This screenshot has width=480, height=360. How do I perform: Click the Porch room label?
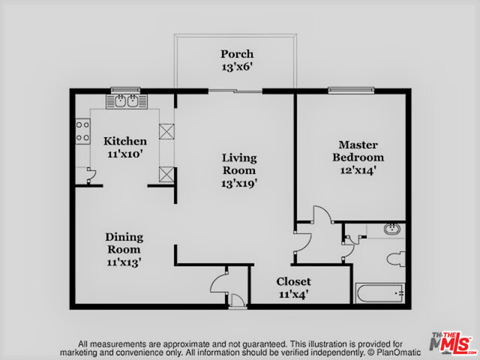coord(237,54)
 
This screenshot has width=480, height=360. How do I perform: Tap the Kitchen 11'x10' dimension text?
coord(125,154)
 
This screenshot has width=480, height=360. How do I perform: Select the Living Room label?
coord(239,164)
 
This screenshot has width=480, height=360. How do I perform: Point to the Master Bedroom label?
coord(358,151)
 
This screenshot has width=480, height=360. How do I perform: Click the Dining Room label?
coord(124,243)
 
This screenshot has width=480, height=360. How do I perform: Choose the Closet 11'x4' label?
coord(293,288)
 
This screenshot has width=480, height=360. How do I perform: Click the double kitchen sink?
coord(127,101)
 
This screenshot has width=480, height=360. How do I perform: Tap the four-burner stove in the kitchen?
coord(82,131)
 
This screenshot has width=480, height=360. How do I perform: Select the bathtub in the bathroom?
coord(379,293)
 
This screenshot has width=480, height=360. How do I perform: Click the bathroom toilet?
coord(396,259)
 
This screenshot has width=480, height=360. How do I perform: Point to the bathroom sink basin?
coord(392,229)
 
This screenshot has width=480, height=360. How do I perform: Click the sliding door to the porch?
coord(235,91)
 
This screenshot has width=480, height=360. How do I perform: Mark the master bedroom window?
coord(351,90)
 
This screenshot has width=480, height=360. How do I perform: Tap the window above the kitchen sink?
coord(125,90)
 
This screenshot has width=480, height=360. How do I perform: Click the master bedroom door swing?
coord(322,214)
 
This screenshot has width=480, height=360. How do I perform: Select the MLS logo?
coord(452,343)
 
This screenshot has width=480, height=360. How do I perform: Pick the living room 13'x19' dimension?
coord(239,183)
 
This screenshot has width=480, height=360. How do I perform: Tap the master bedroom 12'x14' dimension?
coord(358,170)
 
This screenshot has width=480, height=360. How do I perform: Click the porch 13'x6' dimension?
coord(237,67)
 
